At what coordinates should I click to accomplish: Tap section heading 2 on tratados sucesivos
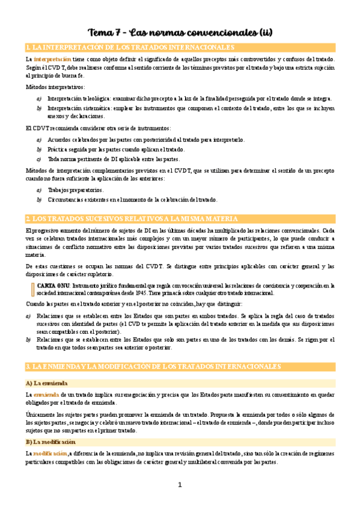coord(123,219)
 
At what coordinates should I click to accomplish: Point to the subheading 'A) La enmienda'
coord(47,382)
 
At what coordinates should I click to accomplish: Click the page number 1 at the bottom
coord(180,485)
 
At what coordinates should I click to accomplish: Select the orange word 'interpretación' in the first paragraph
coord(52,60)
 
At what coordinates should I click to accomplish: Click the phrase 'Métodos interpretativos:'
coord(55,87)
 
